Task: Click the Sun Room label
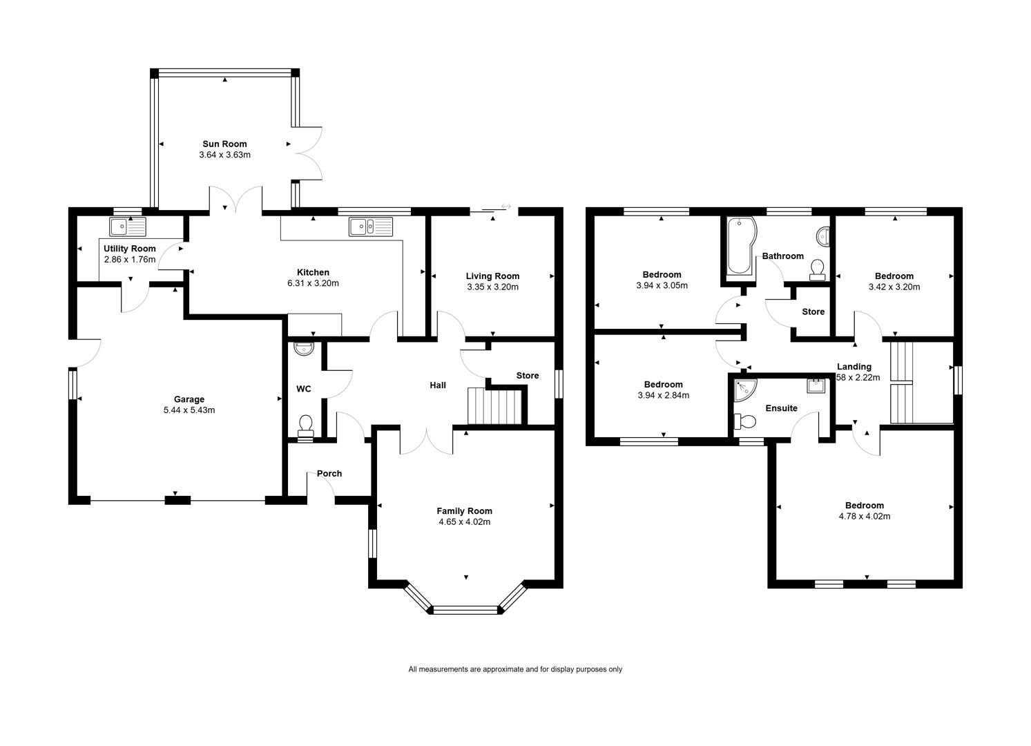point(224,144)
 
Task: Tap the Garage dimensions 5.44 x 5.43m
point(189,410)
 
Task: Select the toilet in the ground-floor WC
point(306,426)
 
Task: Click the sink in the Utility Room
point(128,227)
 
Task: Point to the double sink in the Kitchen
point(371,227)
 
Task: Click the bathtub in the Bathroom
point(740,247)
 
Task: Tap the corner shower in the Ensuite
point(745,391)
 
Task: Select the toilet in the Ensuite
point(745,421)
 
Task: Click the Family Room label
point(465,511)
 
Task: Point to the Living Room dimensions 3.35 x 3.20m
point(492,287)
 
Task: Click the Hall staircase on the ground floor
point(495,405)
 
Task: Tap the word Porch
point(329,474)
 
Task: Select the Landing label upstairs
point(854,367)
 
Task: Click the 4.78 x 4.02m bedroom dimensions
point(865,517)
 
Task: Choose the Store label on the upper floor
point(813,312)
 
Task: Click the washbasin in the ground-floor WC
point(304,349)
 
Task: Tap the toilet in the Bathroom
point(817,270)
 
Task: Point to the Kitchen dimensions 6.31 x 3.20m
point(313,284)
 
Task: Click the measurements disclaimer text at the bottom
point(515,669)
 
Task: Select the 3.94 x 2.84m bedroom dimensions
point(663,396)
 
